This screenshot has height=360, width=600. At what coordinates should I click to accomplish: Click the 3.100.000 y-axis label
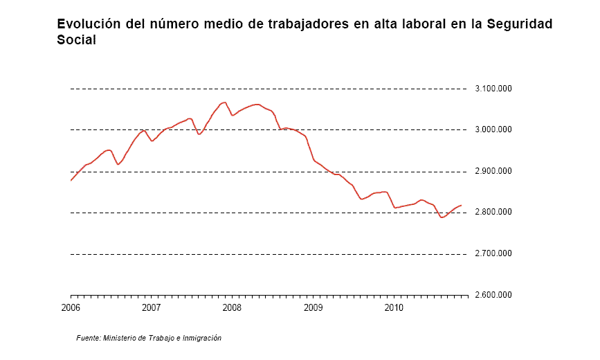click(493, 89)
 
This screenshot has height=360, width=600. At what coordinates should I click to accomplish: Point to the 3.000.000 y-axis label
click(493, 129)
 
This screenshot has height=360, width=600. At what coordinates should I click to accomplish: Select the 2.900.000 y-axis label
click(493, 171)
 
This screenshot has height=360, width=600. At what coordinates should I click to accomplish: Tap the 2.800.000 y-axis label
click(493, 212)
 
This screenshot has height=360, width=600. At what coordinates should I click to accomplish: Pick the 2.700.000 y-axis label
click(493, 253)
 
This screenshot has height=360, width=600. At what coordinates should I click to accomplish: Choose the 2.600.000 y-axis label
click(493, 295)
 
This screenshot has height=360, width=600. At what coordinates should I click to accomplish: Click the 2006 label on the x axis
click(71, 307)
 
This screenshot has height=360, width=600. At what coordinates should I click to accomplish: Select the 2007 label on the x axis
click(151, 307)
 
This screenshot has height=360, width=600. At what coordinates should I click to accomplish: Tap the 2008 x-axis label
click(232, 307)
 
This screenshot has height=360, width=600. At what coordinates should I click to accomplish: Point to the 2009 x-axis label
click(313, 307)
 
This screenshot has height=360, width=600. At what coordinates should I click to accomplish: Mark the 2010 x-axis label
click(394, 307)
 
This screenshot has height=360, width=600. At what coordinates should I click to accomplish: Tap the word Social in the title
click(76, 39)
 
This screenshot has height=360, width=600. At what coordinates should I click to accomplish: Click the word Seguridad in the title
click(520, 24)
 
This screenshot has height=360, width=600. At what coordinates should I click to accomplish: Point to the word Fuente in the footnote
click(89, 338)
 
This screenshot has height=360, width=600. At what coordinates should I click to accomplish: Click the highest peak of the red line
click(225, 102)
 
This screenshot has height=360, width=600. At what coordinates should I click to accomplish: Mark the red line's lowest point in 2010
click(442, 217)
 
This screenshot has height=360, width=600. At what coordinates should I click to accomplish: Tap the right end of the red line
click(461, 206)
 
